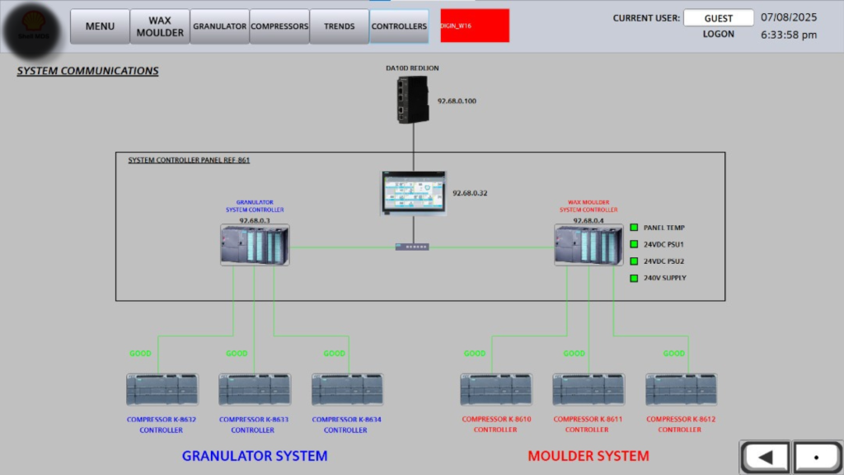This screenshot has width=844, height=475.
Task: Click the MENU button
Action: pyautogui.click(x=100, y=26)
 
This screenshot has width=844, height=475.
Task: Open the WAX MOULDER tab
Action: pyautogui.click(x=160, y=26)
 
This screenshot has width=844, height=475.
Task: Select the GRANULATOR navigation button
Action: pyautogui.click(x=219, y=26)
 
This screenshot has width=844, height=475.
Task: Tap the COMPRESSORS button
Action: pyautogui.click(x=279, y=26)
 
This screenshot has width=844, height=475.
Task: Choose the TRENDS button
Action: pyautogui.click(x=339, y=26)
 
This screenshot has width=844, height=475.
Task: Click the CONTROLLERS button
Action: pyautogui.click(x=399, y=26)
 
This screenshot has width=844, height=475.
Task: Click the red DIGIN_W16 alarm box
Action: pyautogui.click(x=475, y=26)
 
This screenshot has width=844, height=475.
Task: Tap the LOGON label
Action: pyautogui.click(x=718, y=35)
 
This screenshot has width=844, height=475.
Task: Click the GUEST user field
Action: pyautogui.click(x=718, y=18)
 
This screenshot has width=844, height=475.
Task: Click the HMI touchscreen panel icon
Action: pyautogui.click(x=413, y=193)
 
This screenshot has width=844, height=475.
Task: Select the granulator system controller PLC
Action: pyautogui.click(x=255, y=246)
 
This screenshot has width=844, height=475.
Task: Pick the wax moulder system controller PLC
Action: pyautogui.click(x=588, y=246)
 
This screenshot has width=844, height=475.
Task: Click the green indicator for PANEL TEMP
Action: pyautogui.click(x=635, y=228)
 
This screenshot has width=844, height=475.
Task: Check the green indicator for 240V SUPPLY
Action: pyautogui.click(x=635, y=278)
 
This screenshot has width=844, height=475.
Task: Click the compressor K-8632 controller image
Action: pyautogui.click(x=162, y=390)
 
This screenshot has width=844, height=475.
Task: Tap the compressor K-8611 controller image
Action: pyautogui.click(x=588, y=390)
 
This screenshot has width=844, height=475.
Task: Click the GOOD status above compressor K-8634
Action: pyautogui.click(x=334, y=354)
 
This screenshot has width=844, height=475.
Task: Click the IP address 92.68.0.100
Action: pyautogui.click(x=457, y=101)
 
